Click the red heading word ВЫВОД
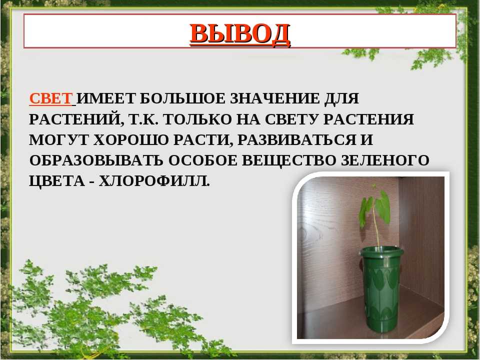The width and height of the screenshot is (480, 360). pos(240,33)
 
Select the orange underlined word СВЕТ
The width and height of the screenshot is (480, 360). pos(51,98)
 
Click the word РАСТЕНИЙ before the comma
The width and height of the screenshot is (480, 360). pos(74,119)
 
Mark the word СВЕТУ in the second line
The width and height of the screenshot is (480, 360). pos(292,119)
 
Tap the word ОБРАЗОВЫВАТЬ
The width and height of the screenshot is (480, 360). pos(96,160)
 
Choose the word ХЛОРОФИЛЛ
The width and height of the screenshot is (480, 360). pos(154,181)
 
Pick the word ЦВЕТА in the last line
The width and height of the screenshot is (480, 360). pos(57,181)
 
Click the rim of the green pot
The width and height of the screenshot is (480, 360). pos(380,251)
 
